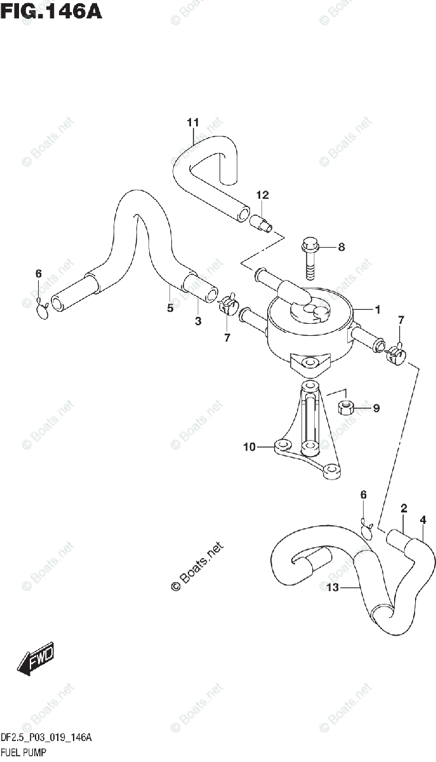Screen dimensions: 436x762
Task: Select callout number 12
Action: click(x=263, y=195)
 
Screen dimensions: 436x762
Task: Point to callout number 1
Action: click(x=377, y=310)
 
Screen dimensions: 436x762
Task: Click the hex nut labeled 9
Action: click(x=347, y=408)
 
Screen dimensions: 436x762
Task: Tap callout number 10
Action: click(x=249, y=447)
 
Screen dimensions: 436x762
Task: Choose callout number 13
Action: click(x=333, y=587)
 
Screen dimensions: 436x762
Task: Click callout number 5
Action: click(x=170, y=308)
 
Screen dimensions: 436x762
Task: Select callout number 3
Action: click(x=198, y=322)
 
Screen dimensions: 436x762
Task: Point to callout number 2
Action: click(x=404, y=507)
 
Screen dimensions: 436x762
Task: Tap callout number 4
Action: click(x=423, y=521)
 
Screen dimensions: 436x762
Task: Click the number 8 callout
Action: click(x=341, y=247)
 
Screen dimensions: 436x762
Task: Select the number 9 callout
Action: click(x=376, y=408)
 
